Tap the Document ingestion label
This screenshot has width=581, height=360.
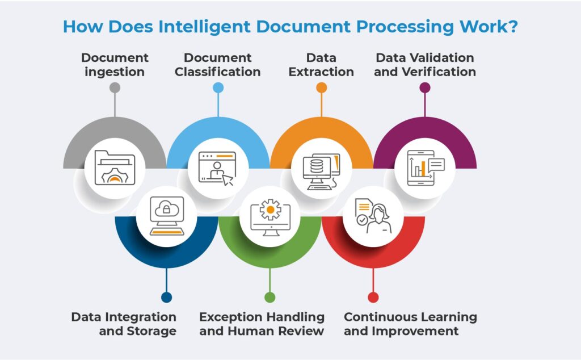(115, 65)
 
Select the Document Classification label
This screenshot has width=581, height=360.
(218, 65)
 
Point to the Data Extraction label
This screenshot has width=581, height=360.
(321, 65)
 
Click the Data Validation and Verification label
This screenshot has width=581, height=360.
(425, 65)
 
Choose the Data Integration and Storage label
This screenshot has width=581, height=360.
(124, 324)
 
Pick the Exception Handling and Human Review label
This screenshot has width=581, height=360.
(262, 324)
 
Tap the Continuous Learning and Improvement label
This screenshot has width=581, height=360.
(410, 324)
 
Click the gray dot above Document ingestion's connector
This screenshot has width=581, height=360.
(115, 87)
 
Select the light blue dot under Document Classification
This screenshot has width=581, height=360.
(218, 87)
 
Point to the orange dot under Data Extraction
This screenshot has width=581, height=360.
(321, 87)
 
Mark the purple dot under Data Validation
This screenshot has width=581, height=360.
(425, 87)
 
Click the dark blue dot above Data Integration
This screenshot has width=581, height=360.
(166, 297)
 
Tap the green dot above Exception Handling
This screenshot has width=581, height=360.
(270, 297)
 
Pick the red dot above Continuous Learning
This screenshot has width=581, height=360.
(373, 297)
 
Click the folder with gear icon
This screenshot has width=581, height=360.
(115, 168)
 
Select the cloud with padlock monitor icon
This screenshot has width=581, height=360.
(166, 216)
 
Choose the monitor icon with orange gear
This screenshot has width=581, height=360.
(270, 216)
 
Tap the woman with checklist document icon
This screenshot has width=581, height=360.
(373, 216)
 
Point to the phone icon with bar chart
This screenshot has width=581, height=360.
(425, 168)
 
